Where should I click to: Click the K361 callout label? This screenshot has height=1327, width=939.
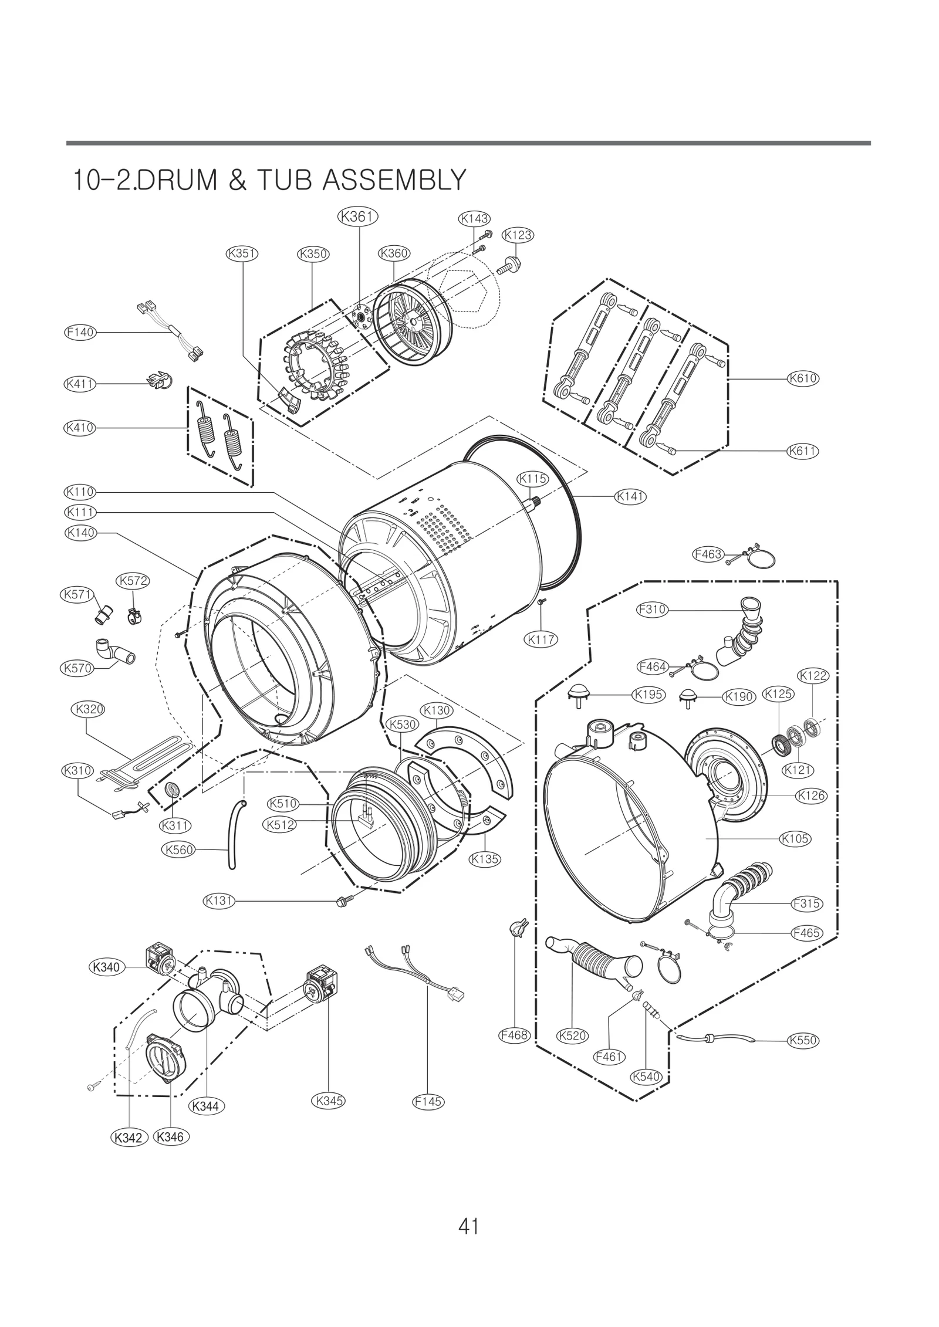tap(357, 216)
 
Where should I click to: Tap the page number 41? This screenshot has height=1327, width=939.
tap(469, 1226)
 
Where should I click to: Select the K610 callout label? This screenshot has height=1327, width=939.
tap(802, 378)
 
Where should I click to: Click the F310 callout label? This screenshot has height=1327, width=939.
tap(652, 610)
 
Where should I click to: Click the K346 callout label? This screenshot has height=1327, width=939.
tap(171, 1136)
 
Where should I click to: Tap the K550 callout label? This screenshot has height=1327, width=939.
tap(802, 1040)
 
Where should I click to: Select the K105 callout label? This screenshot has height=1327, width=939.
tap(795, 839)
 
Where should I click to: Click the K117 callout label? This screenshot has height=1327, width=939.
tap(541, 639)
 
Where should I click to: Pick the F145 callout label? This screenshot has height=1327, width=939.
tap(428, 1101)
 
